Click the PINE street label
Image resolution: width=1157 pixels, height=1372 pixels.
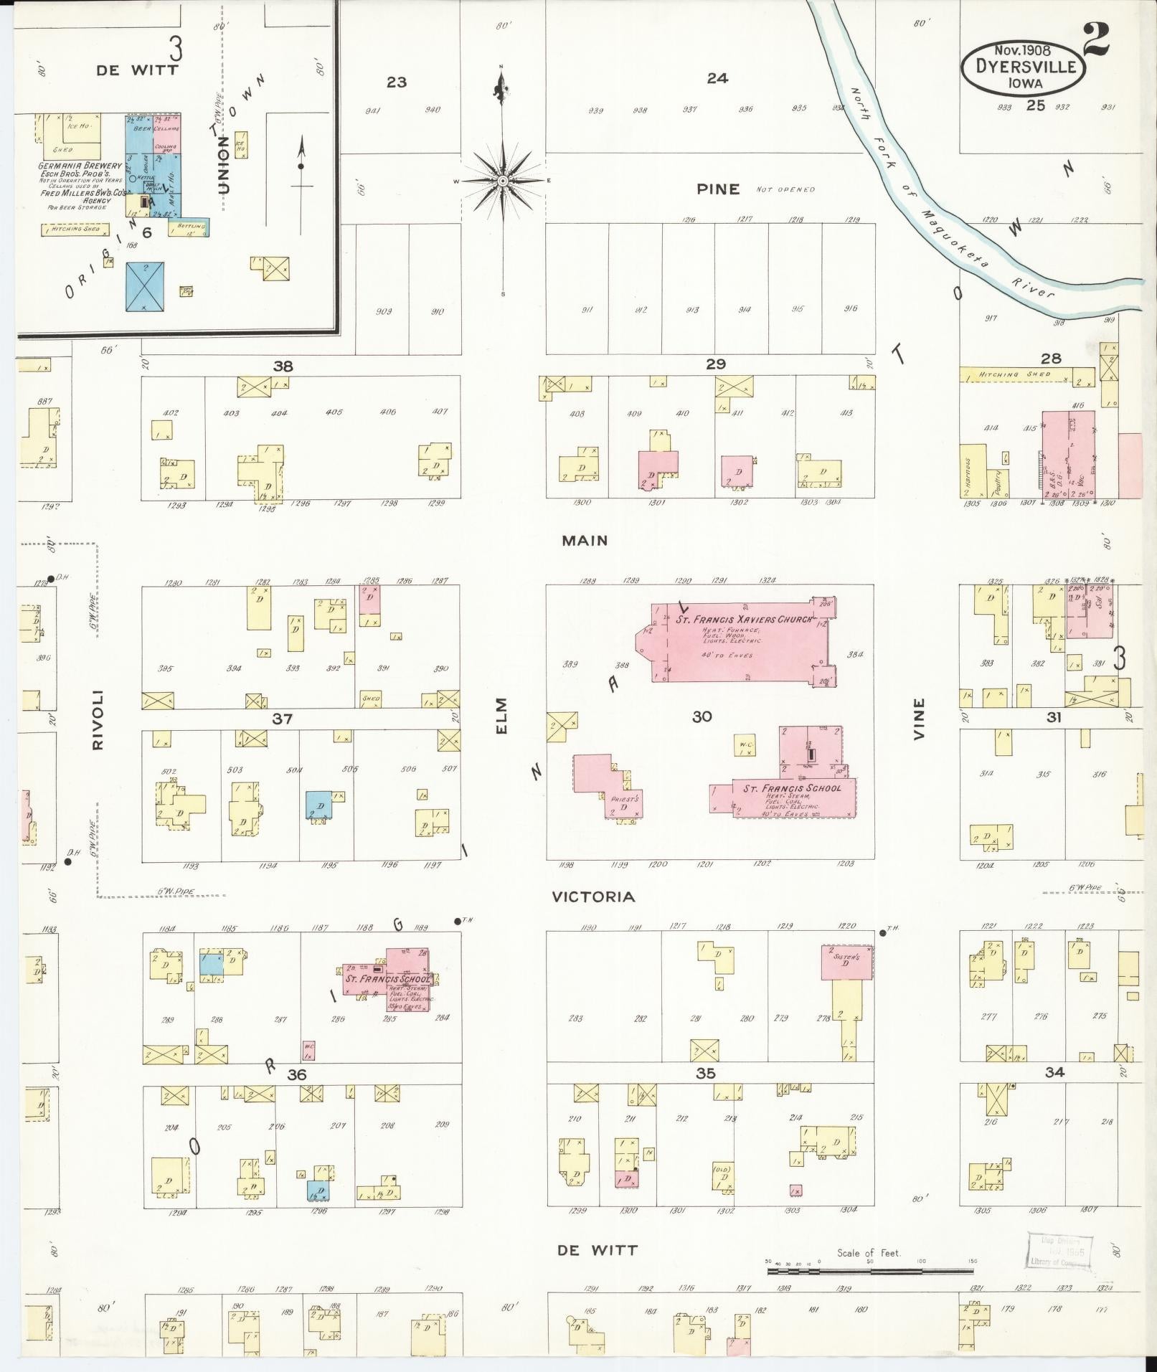pos(717,189)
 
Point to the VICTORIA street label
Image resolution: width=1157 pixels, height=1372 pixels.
pos(592,896)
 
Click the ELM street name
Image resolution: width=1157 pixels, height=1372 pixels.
pos(501,715)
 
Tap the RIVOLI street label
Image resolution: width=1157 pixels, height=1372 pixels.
pos(98,720)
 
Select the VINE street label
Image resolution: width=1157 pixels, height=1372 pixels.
pos(920,719)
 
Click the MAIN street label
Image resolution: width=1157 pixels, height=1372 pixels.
pos(585,541)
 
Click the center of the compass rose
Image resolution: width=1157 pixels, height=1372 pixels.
pos(503,181)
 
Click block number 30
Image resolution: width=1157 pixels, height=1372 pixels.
pos(702,716)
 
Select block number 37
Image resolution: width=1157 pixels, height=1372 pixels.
pos(282,718)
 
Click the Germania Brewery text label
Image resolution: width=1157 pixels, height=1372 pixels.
pos(80,166)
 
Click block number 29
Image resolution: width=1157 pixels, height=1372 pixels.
pos(715,364)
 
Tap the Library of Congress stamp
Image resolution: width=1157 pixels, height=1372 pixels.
pos(1059,1252)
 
